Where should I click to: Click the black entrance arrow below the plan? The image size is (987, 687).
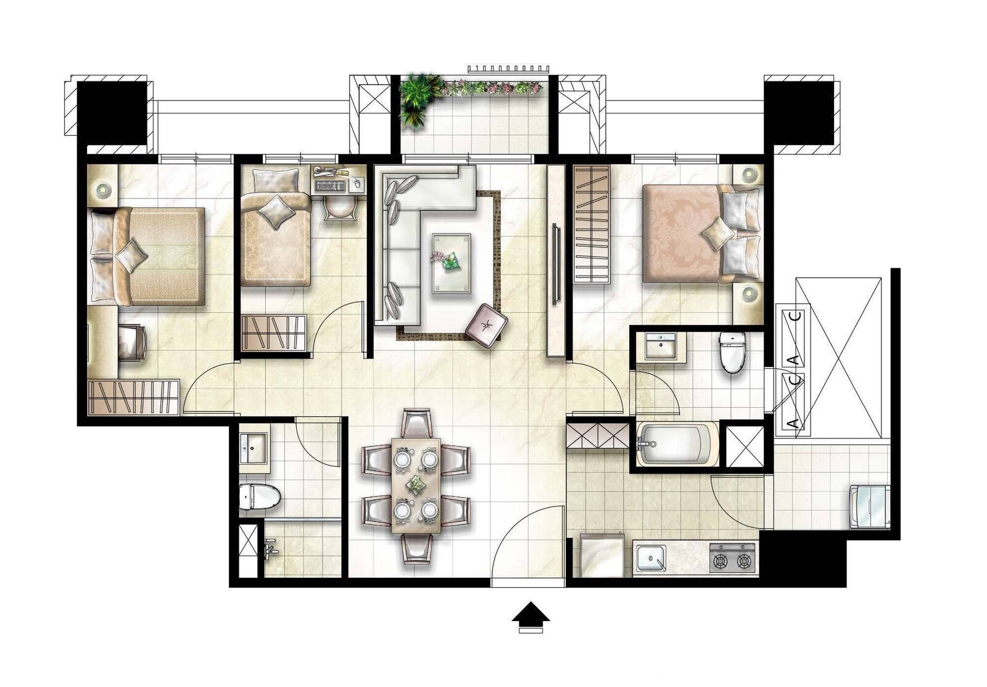coord(531,612)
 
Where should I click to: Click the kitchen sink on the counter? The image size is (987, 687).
coord(650,558)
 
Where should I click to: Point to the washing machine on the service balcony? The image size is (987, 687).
coord(870,506)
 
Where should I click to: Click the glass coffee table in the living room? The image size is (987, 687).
coord(451,263)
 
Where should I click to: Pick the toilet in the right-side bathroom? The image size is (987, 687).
coord(732,352)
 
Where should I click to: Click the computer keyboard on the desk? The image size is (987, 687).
coord(330,187)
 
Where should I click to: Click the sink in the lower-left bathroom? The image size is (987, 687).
coord(253,448)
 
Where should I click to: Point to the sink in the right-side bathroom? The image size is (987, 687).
coord(661,346)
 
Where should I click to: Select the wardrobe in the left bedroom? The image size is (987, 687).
coord(134,397)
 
